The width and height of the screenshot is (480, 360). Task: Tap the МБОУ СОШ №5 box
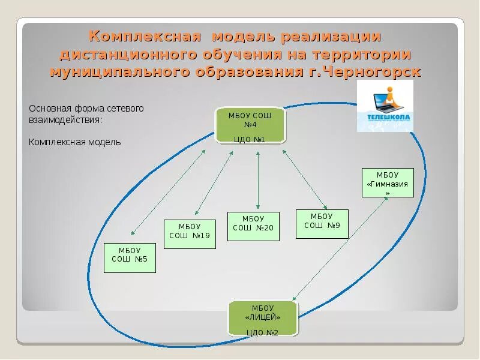click(130, 258)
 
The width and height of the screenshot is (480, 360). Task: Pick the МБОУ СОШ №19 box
click(190, 234)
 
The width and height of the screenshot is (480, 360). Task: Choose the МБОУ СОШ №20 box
click(253, 226)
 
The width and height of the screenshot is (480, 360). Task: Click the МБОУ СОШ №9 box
click(322, 224)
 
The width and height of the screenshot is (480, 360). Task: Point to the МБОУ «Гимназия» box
click(388, 183)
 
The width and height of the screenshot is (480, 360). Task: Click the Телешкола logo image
click(385, 106)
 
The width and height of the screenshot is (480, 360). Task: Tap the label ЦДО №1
click(250, 140)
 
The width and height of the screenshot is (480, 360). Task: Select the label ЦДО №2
click(262, 332)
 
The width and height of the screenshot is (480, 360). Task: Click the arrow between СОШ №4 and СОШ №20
click(258, 180)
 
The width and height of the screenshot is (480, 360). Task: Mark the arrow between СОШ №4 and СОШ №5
click(168, 192)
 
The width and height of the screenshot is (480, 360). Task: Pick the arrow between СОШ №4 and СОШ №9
click(304, 178)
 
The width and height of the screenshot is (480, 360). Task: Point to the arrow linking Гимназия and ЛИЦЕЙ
click(340, 248)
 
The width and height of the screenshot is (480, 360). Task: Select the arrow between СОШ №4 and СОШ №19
click(214, 184)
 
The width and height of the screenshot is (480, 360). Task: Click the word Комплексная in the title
click(145, 37)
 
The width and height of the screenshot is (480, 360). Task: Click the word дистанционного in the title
click(125, 55)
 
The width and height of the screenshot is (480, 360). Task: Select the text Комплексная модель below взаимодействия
click(75, 142)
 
